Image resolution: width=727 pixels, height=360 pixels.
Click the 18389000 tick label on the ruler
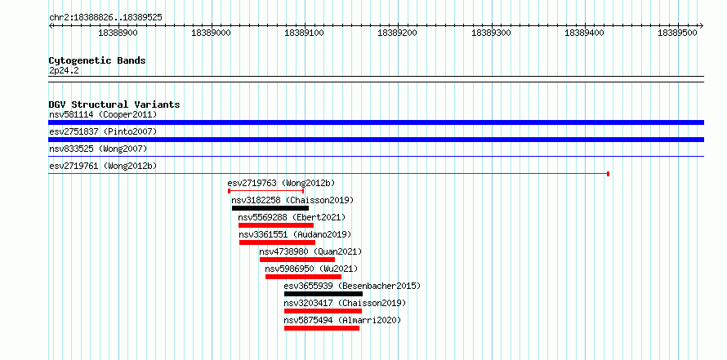coord(211,33)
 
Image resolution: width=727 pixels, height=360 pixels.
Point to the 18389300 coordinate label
coord(491,33)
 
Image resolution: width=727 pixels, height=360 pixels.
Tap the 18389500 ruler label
coord(677,33)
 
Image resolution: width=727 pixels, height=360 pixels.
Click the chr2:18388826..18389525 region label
coord(105,18)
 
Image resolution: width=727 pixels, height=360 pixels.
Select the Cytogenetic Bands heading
coord(97,60)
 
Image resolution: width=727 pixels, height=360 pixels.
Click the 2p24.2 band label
coord(64,70)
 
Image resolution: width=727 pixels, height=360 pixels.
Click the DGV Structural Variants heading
coord(114,104)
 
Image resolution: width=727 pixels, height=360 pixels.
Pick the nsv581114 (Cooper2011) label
coord(103,114)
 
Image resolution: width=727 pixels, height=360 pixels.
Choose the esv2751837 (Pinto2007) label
coord(103,131)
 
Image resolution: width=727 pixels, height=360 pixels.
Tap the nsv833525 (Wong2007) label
coord(98,149)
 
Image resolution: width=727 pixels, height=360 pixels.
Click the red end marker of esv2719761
coord(608,174)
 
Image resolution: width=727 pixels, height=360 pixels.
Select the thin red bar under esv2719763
coord(266,191)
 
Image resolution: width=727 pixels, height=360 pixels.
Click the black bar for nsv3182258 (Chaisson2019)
coord(270,208)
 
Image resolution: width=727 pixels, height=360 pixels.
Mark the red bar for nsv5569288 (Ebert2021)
coord(276,225)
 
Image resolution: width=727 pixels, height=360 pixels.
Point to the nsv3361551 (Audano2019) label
coord(296,234)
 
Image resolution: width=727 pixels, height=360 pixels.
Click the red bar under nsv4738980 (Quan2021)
coord(297,260)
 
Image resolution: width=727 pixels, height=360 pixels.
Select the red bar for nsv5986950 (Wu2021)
coord(303,277)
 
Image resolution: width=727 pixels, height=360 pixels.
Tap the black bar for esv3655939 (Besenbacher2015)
coord(323,294)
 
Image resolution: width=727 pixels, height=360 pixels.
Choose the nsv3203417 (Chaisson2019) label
coord(345,303)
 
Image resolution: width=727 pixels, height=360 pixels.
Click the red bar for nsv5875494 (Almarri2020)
coord(322,328)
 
